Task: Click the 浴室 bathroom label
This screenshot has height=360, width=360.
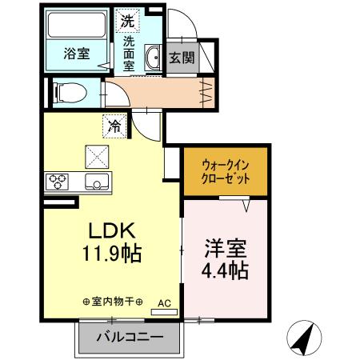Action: pos(76,54)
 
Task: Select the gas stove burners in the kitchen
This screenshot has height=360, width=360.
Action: pos(58,180)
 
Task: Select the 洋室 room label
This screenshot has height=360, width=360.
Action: pos(224,246)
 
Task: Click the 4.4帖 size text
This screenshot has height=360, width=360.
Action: pos(224,270)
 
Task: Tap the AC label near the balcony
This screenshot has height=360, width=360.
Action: pos(164,303)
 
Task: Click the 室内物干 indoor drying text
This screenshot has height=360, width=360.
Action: pos(113,302)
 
